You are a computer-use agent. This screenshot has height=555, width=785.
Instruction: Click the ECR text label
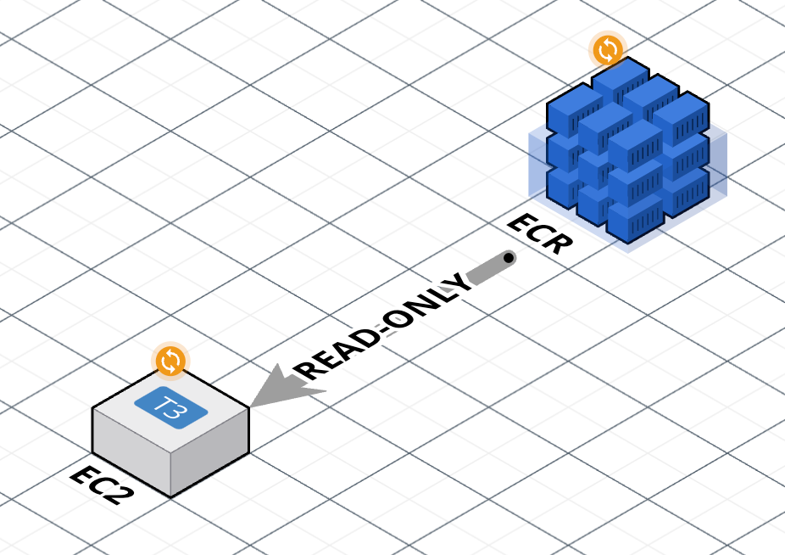[x=540, y=233]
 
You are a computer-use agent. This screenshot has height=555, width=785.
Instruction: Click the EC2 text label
[x=103, y=485]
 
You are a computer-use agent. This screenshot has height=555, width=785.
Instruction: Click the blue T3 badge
[x=170, y=407]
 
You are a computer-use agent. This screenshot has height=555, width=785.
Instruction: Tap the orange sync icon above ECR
[x=608, y=50]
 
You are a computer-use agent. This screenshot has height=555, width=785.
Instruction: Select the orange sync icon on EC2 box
[x=170, y=361]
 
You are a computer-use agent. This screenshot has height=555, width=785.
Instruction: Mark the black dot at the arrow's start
[x=509, y=258]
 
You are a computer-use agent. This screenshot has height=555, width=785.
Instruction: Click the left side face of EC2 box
[x=131, y=452]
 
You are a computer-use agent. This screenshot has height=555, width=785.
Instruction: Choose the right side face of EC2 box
[x=210, y=451]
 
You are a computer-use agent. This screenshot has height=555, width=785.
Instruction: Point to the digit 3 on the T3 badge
[x=178, y=412]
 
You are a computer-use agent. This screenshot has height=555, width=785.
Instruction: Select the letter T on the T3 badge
[x=162, y=402]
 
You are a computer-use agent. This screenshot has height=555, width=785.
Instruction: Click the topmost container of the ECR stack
[x=621, y=81]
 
